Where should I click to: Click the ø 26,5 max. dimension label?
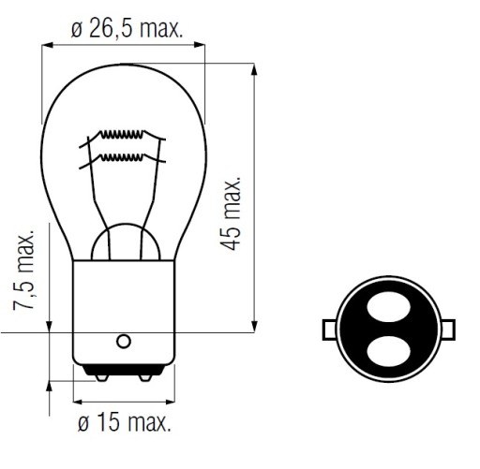127,29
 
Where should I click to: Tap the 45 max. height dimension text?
231,214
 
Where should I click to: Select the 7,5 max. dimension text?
23,271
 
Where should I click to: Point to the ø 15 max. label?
125,422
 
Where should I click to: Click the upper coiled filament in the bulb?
121,135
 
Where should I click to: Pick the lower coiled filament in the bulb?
121,158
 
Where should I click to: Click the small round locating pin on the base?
124,341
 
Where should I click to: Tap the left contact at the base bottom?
101,377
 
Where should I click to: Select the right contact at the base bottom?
145,377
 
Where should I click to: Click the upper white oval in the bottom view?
388,307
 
